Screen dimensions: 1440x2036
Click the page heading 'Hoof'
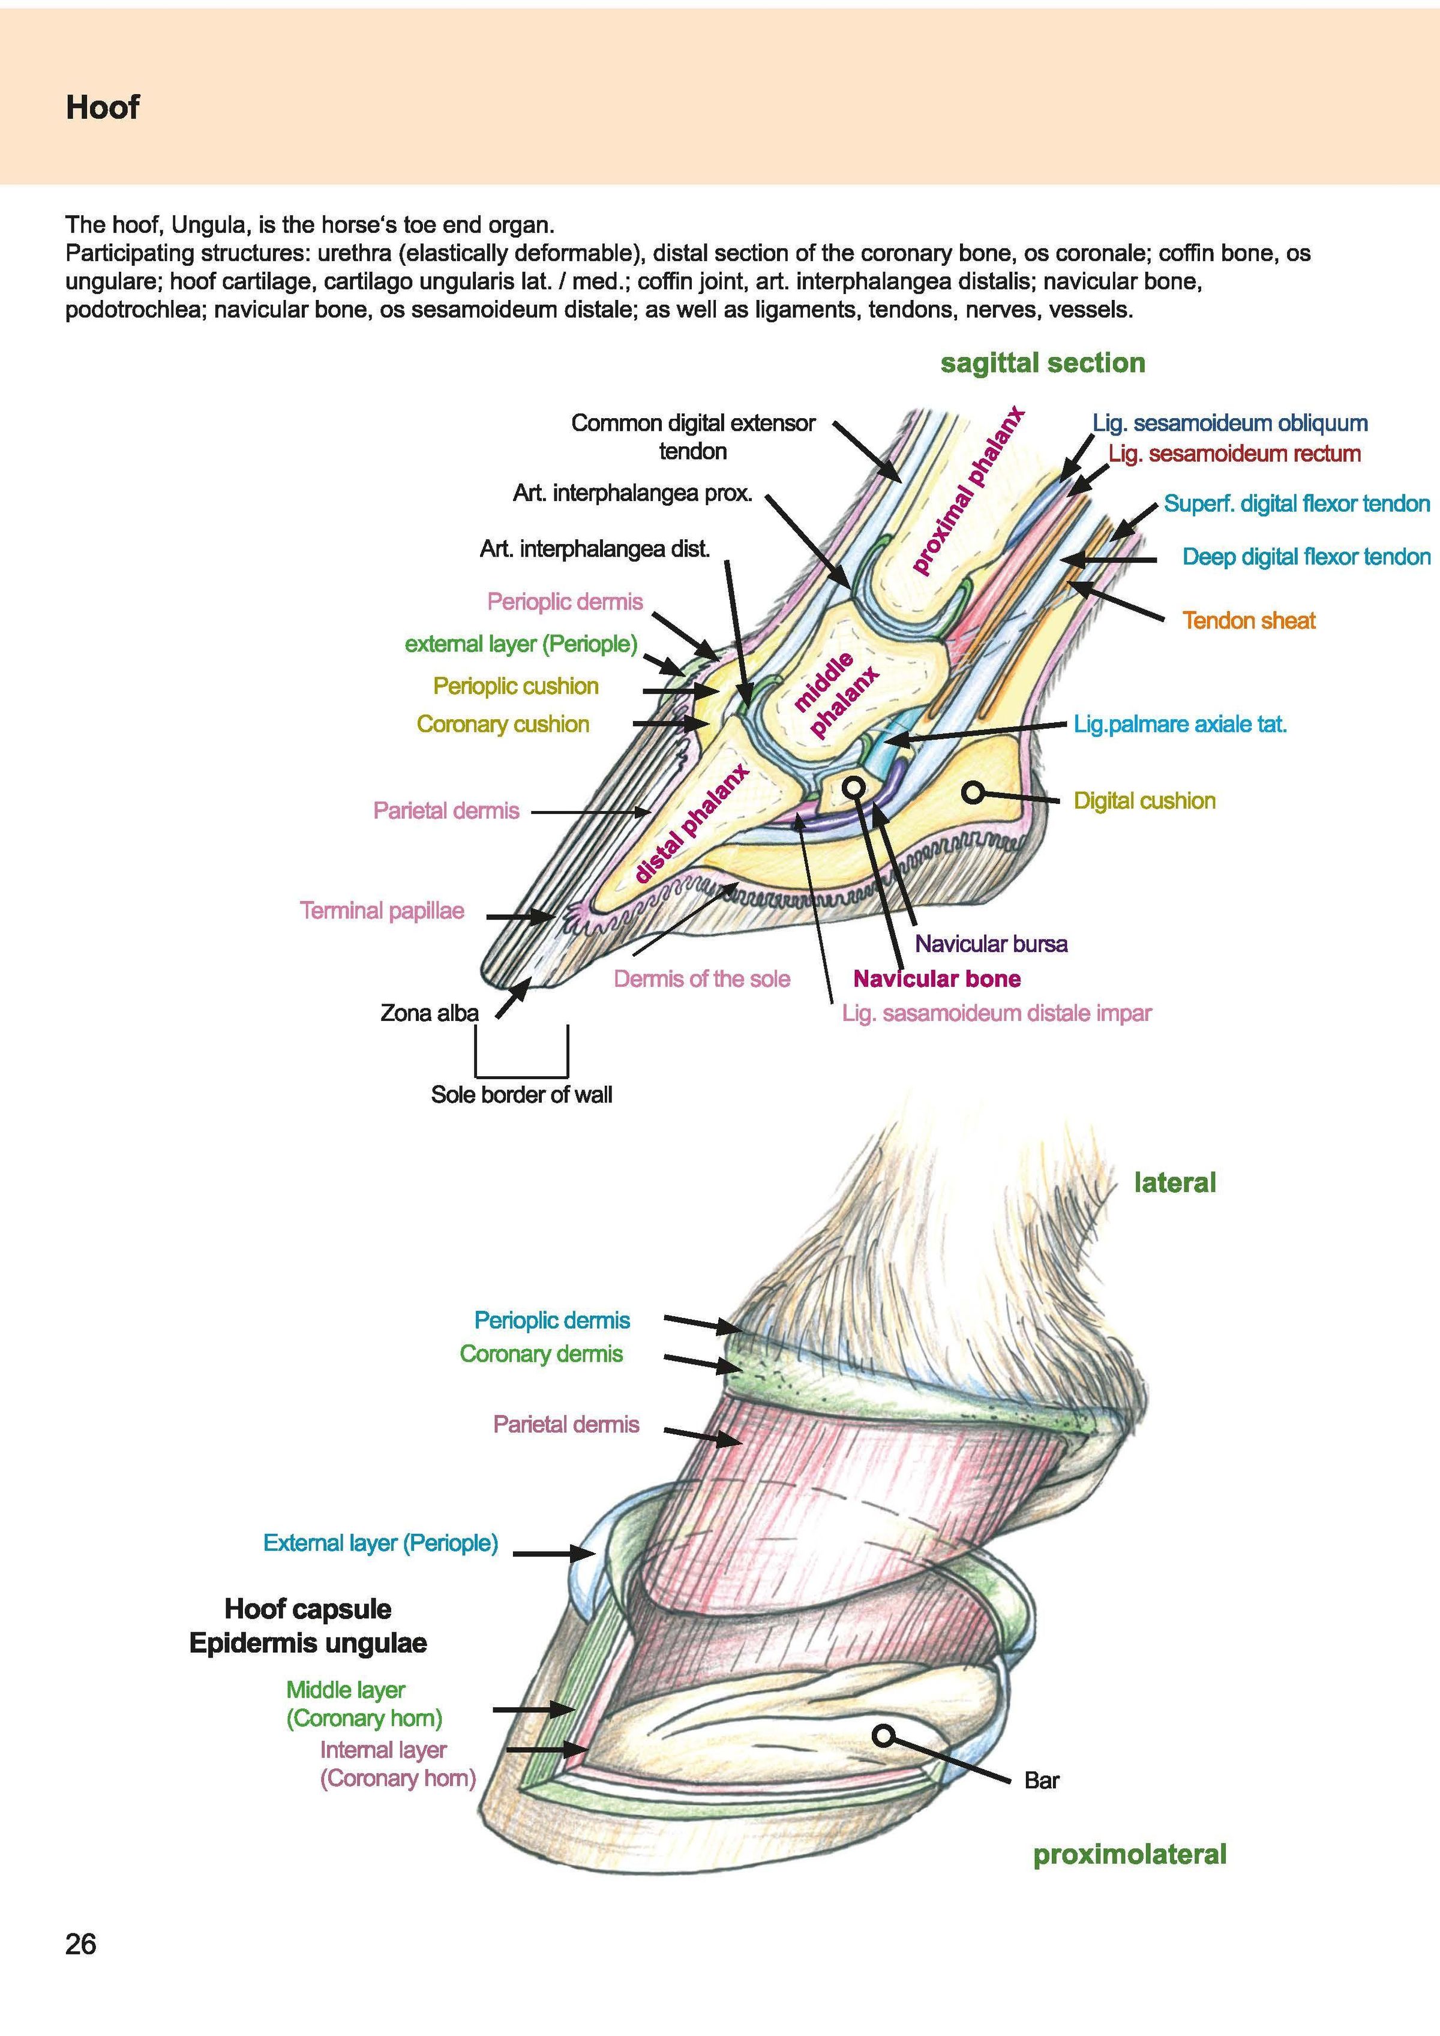tap(102, 107)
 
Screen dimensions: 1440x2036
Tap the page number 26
tap(80, 1945)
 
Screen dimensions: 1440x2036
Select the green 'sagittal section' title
tap(1043, 363)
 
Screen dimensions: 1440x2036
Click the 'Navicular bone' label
tap(937, 979)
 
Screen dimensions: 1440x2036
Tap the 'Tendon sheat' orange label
tap(1249, 621)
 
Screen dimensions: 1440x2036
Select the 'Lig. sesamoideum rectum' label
tap(1234, 454)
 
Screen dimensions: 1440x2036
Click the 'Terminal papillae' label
tap(382, 911)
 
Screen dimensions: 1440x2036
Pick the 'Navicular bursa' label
tap(991, 944)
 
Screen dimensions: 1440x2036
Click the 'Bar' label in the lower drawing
tap(1042, 1780)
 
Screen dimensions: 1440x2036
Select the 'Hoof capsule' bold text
tap(308, 1608)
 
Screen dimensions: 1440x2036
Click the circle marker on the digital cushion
tap(974, 792)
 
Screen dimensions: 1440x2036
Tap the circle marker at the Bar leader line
tap(883, 1735)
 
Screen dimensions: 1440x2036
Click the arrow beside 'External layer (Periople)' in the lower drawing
tap(554, 1554)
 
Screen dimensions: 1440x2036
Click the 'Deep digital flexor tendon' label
tap(1306, 557)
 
